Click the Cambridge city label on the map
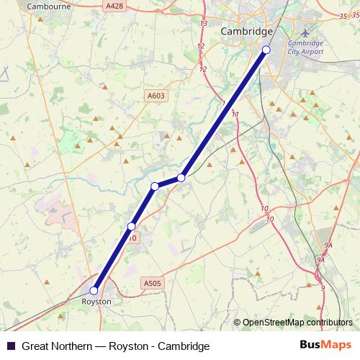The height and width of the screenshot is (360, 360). point(246,32)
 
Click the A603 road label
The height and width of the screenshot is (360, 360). point(156,96)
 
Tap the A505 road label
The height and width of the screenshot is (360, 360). point(152,284)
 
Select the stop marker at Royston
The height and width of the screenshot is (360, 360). point(94,291)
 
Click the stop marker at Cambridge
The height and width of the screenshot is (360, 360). point(266,50)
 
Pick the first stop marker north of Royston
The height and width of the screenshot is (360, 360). point(131,227)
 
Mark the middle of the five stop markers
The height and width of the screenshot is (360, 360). point(155,186)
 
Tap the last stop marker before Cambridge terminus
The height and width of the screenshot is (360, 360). point(181,177)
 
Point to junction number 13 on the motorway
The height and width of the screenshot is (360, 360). point(204,24)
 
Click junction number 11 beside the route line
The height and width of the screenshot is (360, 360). point(235,114)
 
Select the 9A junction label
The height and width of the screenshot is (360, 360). point(328,246)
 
